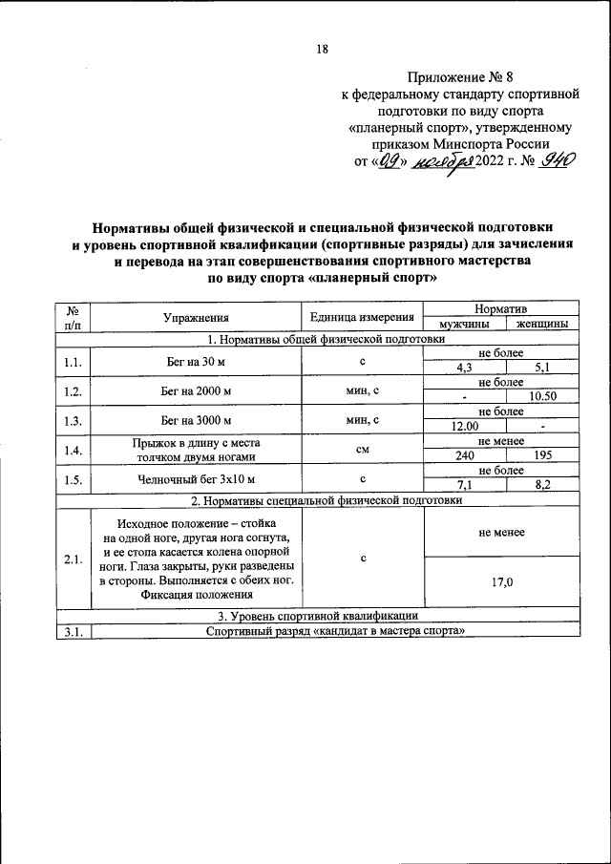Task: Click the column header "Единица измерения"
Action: pos(362,318)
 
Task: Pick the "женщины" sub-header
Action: pos(542,325)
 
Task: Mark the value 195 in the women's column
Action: pos(542,456)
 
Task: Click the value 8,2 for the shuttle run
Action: pos(542,486)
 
